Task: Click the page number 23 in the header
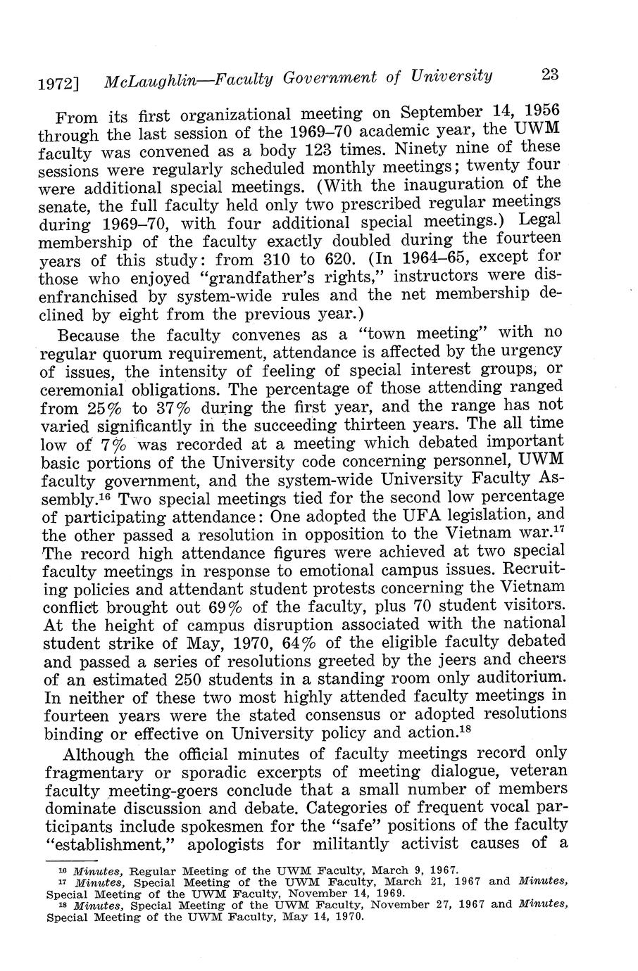550,75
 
